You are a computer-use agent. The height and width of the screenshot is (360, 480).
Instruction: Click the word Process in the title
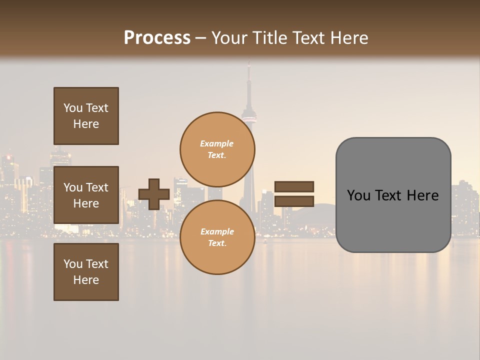(157, 37)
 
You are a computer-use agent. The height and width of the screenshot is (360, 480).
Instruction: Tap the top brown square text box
(86, 116)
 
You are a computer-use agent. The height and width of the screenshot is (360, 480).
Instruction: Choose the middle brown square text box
(86, 195)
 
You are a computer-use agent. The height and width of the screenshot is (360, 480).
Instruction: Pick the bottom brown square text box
(86, 272)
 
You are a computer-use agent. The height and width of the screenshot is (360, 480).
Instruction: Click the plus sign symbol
(154, 194)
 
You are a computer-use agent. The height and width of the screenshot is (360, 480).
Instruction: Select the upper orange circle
(217, 149)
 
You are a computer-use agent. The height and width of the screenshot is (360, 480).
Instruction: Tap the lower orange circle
(217, 237)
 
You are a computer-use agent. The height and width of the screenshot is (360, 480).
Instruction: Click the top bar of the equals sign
(294, 187)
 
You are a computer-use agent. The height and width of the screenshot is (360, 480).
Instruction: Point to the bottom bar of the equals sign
(294, 201)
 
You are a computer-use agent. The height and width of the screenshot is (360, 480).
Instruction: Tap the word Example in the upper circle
(216, 143)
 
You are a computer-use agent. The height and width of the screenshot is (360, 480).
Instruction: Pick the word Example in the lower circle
(217, 231)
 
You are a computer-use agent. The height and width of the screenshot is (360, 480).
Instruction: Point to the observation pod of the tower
(248, 118)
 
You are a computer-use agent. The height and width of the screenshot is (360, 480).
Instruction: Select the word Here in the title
(350, 37)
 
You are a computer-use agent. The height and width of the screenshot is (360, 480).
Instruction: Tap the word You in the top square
(73, 108)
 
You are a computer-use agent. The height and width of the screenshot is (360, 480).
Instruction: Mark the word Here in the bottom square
(86, 280)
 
